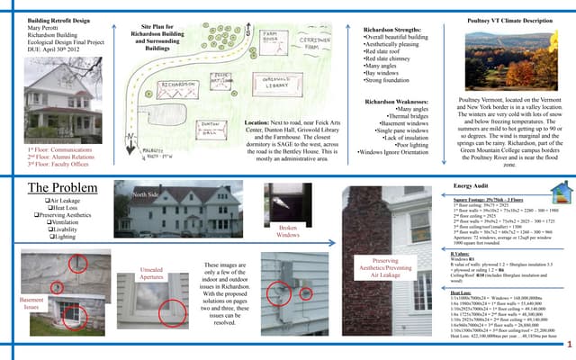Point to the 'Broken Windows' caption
click(288, 232)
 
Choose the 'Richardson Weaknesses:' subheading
click(393, 101)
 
